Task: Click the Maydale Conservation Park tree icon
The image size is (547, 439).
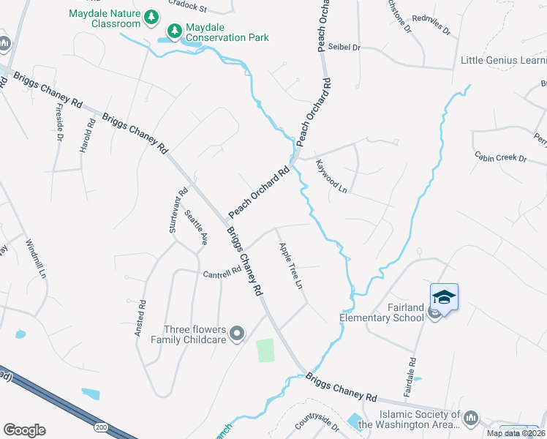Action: [x=174, y=30]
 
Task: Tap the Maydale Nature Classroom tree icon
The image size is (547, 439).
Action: [x=151, y=16]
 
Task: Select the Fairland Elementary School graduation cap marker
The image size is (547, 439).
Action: [x=444, y=297]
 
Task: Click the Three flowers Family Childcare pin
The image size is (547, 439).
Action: [x=236, y=334]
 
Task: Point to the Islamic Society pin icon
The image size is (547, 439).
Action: [x=471, y=418]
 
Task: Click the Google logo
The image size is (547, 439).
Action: [x=24, y=430]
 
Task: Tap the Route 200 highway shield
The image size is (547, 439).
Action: [x=101, y=427]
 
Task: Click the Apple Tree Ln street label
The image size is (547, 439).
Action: [x=290, y=266]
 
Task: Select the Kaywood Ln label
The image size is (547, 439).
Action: [x=331, y=176]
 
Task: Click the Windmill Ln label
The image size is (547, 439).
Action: [x=36, y=259]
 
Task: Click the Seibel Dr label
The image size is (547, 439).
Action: [x=347, y=48]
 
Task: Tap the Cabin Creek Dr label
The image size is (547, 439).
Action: [x=501, y=157]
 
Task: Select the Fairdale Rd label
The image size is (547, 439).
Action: [x=410, y=377]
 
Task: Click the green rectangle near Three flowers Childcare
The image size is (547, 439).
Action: [x=265, y=350]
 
